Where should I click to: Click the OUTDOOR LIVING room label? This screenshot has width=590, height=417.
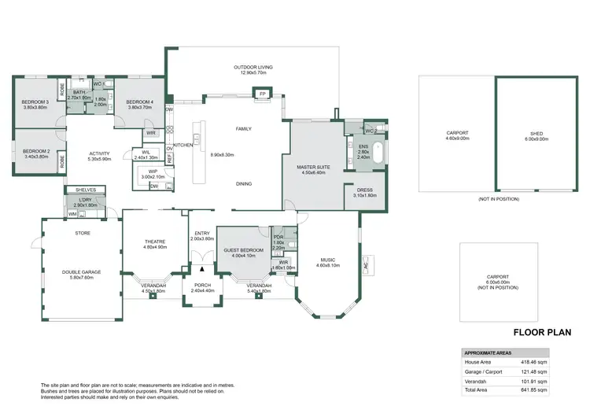click(253, 68)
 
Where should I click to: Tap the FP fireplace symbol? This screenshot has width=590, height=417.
click(262, 94)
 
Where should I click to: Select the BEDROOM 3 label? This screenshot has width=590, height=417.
click(36, 102)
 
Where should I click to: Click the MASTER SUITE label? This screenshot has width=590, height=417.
click(312, 168)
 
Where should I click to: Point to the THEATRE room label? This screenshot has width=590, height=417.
click(154, 242)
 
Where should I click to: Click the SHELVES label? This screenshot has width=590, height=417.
click(85, 190)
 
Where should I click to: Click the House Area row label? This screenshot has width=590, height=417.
click(479, 362)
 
